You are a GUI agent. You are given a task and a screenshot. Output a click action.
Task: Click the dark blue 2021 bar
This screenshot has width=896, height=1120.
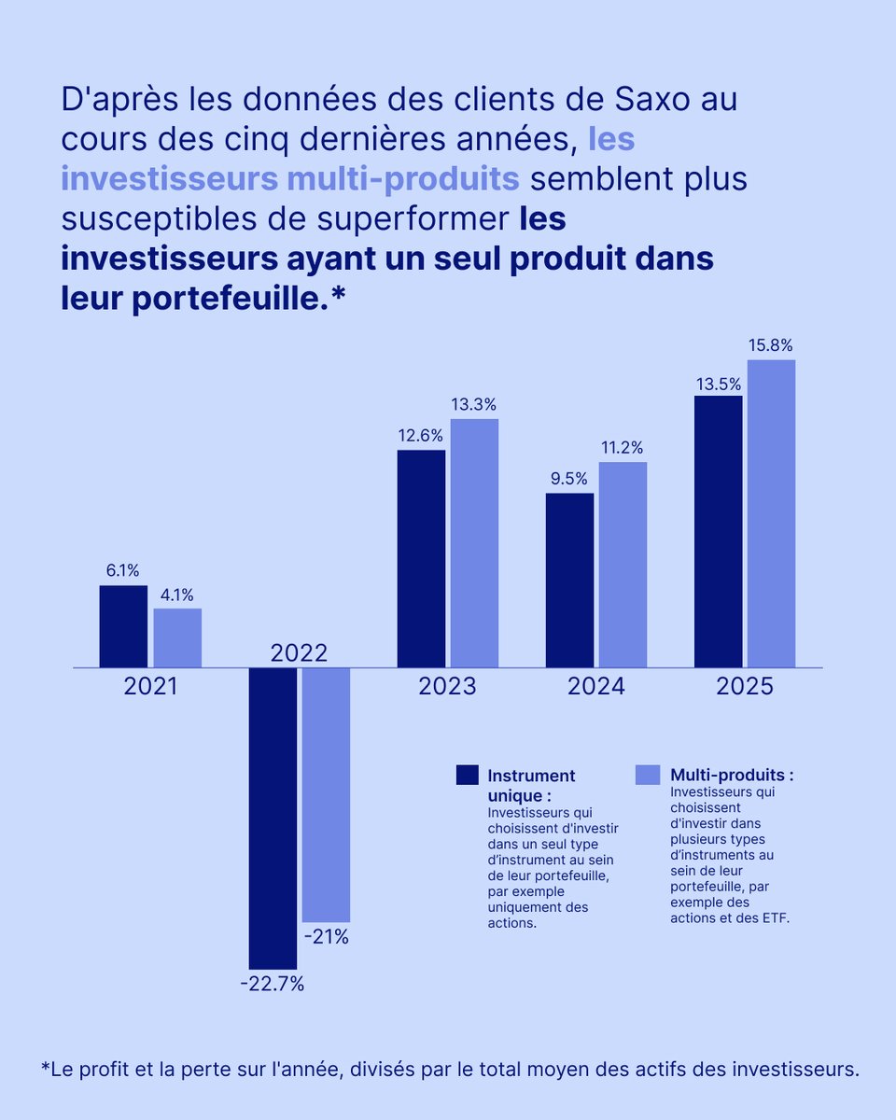coord(123,626)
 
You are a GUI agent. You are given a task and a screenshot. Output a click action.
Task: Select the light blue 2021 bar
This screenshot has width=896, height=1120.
coord(177,638)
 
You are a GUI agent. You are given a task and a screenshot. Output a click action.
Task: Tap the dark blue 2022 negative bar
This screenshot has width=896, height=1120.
coord(273,818)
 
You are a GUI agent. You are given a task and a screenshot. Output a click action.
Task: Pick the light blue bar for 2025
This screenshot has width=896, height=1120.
coord(771,513)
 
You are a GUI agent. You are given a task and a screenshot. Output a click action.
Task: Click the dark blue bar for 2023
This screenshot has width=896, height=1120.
coord(421,558)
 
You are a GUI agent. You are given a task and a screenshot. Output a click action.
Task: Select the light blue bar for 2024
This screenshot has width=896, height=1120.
coord(623,565)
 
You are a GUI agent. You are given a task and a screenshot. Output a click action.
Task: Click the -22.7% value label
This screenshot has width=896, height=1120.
coord(273,984)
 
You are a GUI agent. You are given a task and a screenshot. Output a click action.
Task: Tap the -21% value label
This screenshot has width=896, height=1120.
coord(326,937)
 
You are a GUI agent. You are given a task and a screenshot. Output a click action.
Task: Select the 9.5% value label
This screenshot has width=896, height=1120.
coord(568,479)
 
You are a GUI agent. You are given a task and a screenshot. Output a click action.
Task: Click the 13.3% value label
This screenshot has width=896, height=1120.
coord(474,405)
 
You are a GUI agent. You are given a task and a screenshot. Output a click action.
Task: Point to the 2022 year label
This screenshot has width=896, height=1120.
coord(299,652)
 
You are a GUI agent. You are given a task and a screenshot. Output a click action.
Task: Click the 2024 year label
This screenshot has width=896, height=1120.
coord(596,687)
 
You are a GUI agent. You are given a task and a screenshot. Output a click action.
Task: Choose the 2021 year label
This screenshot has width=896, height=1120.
coord(151,687)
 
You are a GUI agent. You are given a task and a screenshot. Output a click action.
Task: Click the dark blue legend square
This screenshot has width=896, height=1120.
coord(467,775)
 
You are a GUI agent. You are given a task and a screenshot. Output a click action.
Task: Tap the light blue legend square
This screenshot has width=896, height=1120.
coord(648,775)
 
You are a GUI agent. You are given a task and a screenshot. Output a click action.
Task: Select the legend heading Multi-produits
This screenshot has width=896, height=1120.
coord(732,775)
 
